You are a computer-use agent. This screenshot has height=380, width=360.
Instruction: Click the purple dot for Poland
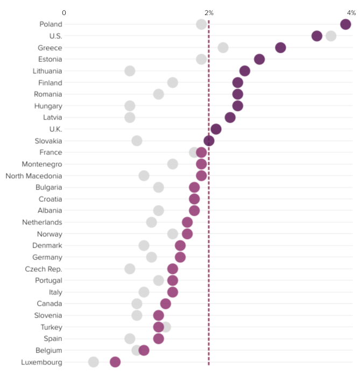tap(345, 24)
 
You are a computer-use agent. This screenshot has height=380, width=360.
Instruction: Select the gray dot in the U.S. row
tap(331, 36)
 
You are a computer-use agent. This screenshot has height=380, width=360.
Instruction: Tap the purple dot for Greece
tap(280, 47)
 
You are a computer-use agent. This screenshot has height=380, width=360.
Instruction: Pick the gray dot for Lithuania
tap(130, 71)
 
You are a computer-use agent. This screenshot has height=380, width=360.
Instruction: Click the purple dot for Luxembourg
tap(115, 362)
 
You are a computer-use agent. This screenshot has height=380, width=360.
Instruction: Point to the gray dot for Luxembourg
tap(94, 362)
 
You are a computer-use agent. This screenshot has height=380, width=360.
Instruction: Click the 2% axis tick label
tap(209, 12)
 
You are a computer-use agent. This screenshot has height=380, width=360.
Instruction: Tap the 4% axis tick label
tap(351, 12)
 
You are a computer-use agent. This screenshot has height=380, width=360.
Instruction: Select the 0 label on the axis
tap(64, 12)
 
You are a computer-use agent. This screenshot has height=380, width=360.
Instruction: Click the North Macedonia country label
tap(33, 176)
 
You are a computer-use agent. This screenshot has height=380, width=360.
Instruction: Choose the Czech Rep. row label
tap(44, 269)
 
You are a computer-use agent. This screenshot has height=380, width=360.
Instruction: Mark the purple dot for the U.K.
tap(216, 129)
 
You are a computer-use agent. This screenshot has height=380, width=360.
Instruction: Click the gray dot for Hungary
tap(130, 106)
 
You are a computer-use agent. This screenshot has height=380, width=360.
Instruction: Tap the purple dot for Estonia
tap(259, 59)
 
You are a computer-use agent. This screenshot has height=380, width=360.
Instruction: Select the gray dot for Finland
tap(173, 82)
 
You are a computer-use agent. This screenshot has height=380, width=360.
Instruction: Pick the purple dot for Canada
tap(166, 304)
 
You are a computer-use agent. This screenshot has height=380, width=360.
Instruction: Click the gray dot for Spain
tap(130, 339)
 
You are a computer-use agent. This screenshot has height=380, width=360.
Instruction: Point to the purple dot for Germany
tap(180, 257)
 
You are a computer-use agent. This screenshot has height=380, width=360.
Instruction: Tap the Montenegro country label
tap(42, 164)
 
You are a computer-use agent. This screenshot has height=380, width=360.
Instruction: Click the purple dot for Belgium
tap(144, 350)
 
